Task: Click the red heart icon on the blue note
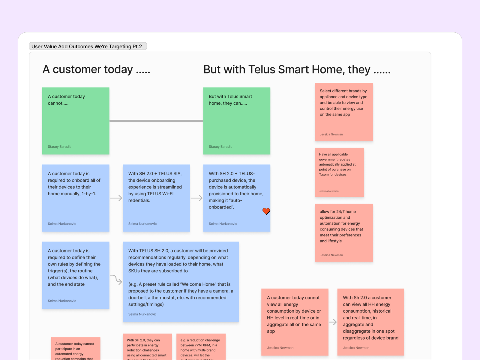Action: click(x=266, y=211)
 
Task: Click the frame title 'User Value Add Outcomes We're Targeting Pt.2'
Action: click(x=87, y=46)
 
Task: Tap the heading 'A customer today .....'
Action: click(x=96, y=70)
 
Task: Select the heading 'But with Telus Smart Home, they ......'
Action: click(x=297, y=70)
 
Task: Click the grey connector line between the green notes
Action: click(x=156, y=121)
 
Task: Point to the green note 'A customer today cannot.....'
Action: click(x=76, y=121)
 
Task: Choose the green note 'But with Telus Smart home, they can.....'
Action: click(x=236, y=121)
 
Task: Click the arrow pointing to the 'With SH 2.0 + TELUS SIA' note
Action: click(x=116, y=198)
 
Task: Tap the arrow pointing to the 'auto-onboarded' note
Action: click(x=196, y=198)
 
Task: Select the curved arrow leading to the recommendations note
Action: click(x=116, y=279)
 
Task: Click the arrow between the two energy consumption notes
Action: click(x=333, y=322)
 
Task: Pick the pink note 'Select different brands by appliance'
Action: click(x=344, y=112)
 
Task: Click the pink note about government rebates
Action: click(x=339, y=172)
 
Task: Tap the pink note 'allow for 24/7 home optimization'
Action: click(x=344, y=232)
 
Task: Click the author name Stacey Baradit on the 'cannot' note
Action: click(x=59, y=147)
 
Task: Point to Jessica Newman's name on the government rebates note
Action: click(x=329, y=191)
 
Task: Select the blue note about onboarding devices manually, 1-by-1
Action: click(x=76, y=198)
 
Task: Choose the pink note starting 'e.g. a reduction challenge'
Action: click(x=201, y=347)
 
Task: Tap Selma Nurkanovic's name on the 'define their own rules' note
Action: click(x=62, y=301)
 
